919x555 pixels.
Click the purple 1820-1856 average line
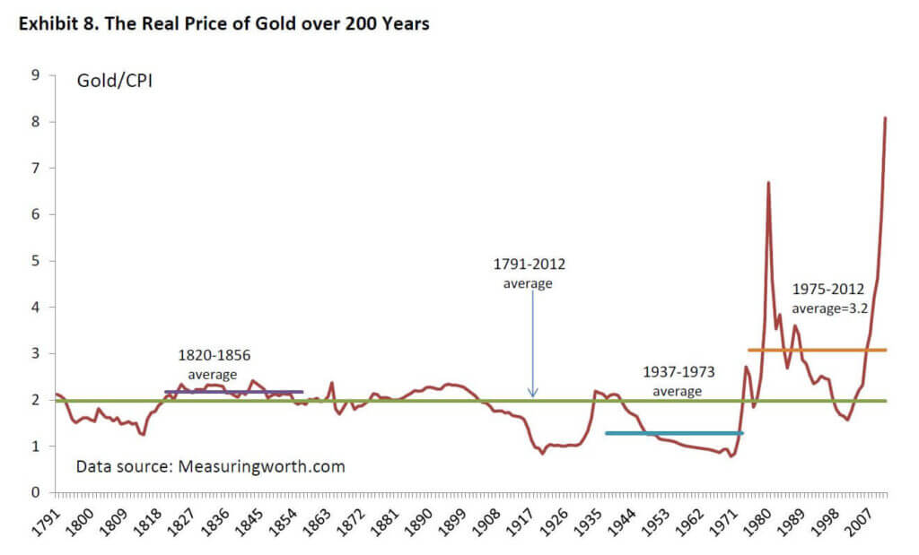click(x=233, y=392)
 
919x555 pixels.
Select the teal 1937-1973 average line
click(x=673, y=433)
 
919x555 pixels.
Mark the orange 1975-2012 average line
click(x=817, y=350)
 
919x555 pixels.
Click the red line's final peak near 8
click(x=886, y=117)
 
